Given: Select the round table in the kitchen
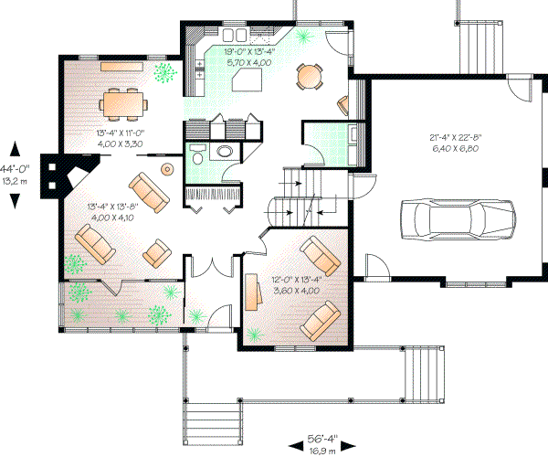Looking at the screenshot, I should click(x=311, y=76).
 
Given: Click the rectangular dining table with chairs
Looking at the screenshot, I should click(x=122, y=102).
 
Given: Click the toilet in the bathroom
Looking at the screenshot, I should click(x=224, y=150).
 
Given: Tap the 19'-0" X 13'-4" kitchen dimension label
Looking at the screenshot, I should click(x=249, y=52).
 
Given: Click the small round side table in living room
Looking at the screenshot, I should click(x=168, y=169).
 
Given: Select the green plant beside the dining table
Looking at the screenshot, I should click(x=165, y=70).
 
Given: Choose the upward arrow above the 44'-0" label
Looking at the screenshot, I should click(x=16, y=147).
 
